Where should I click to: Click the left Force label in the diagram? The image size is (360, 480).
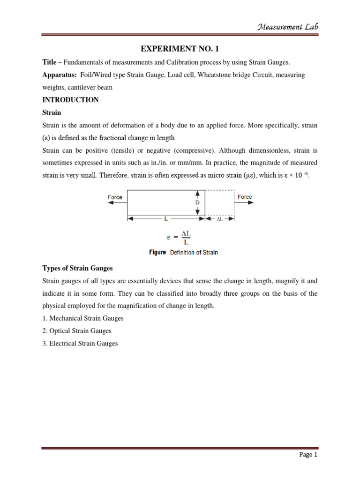tap(115, 197)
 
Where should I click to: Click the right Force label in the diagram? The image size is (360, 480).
tap(245, 197)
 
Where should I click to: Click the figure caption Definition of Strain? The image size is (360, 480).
tap(183, 253)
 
